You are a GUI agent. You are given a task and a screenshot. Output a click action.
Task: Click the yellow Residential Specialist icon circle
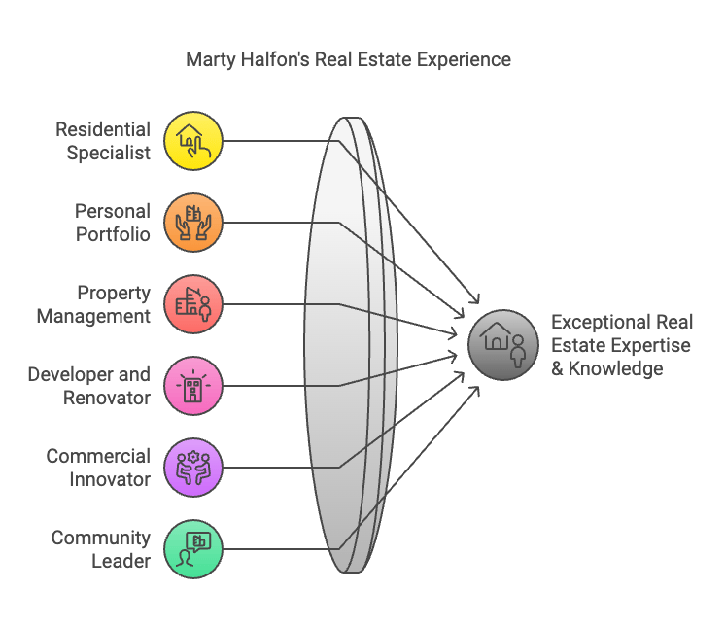(193, 141)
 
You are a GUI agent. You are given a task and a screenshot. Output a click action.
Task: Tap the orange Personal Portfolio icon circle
(193, 223)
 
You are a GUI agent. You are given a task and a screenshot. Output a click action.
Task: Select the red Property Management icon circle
(193, 303)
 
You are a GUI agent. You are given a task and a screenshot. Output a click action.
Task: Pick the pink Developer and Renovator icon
(193, 386)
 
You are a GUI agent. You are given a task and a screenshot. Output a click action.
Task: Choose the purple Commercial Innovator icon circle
(193, 468)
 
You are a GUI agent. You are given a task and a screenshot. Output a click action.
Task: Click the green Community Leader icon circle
(193, 549)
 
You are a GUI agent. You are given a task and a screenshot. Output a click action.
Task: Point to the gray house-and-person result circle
(503, 345)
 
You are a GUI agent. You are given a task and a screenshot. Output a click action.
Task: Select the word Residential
(103, 129)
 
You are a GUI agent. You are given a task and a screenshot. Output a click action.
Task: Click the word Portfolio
(113, 234)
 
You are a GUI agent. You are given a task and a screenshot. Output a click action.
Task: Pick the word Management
(93, 317)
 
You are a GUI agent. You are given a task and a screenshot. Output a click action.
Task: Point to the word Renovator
(107, 398)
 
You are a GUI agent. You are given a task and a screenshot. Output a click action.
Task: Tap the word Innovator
(110, 479)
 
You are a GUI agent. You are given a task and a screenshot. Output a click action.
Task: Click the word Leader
(121, 561)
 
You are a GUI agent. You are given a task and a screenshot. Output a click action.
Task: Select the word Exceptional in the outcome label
(594, 322)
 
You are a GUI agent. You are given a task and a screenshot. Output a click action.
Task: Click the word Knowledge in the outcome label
(615, 369)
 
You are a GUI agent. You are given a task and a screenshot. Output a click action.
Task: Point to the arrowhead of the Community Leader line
(475, 391)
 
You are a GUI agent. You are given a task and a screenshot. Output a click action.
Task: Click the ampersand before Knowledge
(557, 369)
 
